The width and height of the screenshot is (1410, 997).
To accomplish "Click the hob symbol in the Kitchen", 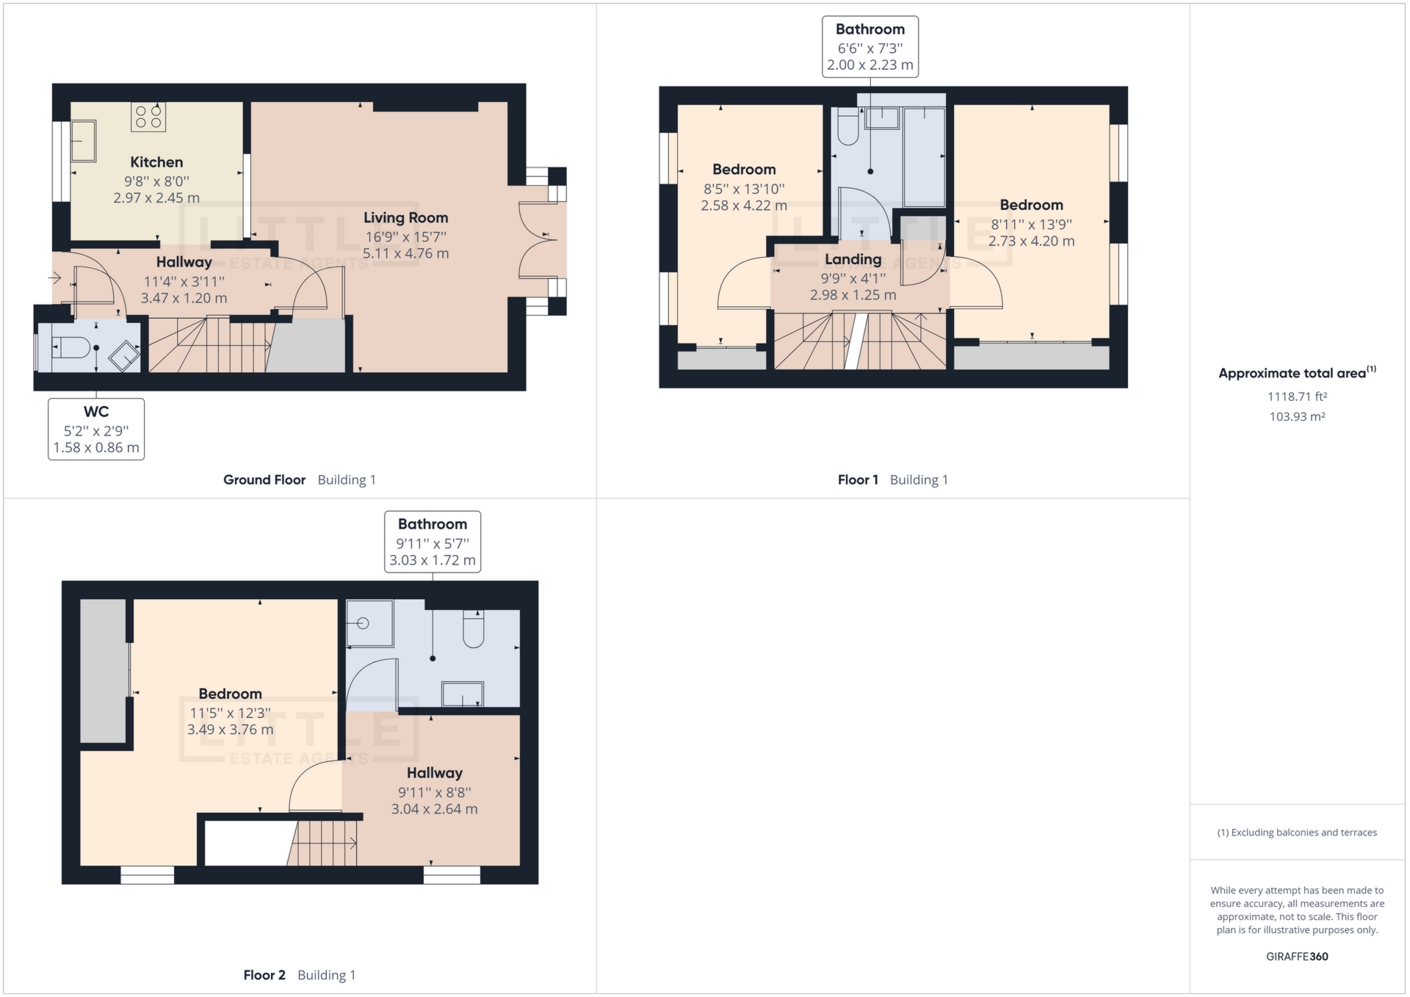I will pyautogui.click(x=148, y=117).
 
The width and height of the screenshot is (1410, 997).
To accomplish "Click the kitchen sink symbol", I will pyautogui.click(x=82, y=141).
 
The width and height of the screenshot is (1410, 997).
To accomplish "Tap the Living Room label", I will pyautogui.click(x=405, y=218).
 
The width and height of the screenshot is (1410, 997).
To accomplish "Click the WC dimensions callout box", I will pyautogui.click(x=96, y=429).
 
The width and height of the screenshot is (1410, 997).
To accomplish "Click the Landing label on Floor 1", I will pyautogui.click(x=853, y=259).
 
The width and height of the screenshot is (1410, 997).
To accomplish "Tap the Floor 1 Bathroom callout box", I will pyautogui.click(x=869, y=47).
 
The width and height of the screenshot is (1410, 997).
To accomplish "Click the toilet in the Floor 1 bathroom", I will pyautogui.click(x=848, y=127).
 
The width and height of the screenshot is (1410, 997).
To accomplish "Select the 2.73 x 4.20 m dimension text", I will pyautogui.click(x=1031, y=242).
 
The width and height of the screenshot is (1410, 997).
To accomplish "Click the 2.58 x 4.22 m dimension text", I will pyautogui.click(x=743, y=206).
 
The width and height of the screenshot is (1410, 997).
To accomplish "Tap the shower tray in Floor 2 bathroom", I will pyautogui.click(x=369, y=623).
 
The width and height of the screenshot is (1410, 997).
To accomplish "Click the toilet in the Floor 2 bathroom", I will pyautogui.click(x=474, y=629).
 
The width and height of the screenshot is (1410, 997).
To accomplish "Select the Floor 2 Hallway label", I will pyautogui.click(x=435, y=773).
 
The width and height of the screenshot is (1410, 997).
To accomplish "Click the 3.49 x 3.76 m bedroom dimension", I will pyautogui.click(x=230, y=730).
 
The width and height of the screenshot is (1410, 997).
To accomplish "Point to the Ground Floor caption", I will pyautogui.click(x=264, y=480).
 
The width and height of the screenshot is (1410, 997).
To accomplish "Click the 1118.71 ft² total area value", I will pyautogui.click(x=1297, y=396).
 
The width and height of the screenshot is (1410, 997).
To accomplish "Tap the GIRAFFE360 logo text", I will pyautogui.click(x=1297, y=957).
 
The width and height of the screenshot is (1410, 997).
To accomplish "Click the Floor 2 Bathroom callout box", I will pyautogui.click(x=433, y=542).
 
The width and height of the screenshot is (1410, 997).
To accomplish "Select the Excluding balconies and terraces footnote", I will pyautogui.click(x=1297, y=833).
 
